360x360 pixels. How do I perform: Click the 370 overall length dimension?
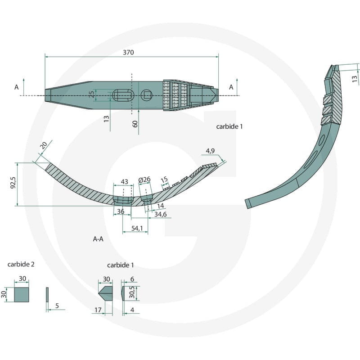pyautogui.click(x=128, y=52)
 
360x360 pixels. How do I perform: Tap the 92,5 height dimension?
pyautogui.click(x=13, y=183)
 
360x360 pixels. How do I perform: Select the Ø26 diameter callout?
pyautogui.click(x=144, y=180)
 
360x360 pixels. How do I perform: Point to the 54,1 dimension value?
pyautogui.click(x=137, y=228)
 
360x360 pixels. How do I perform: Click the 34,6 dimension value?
pyautogui.click(x=160, y=214)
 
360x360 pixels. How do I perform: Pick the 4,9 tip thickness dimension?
pyautogui.click(x=210, y=151)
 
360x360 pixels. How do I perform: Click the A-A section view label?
pyautogui.click(x=98, y=239)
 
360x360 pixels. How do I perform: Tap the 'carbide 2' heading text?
pyautogui.click(x=21, y=264)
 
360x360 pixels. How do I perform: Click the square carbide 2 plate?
pyautogui.click(x=21, y=295)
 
